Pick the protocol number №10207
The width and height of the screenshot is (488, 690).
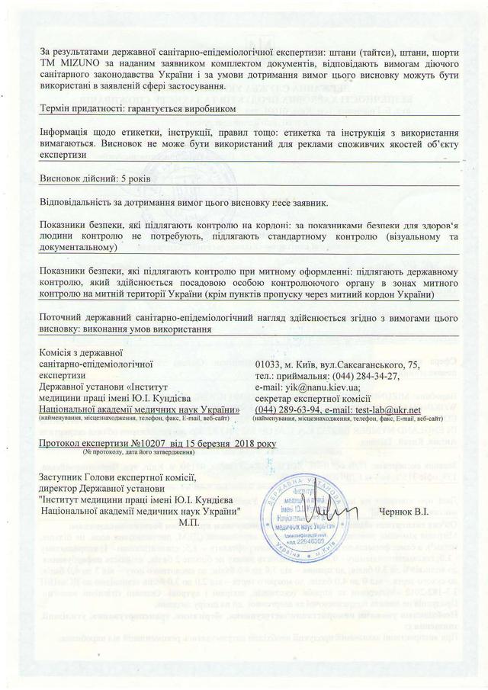127,441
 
